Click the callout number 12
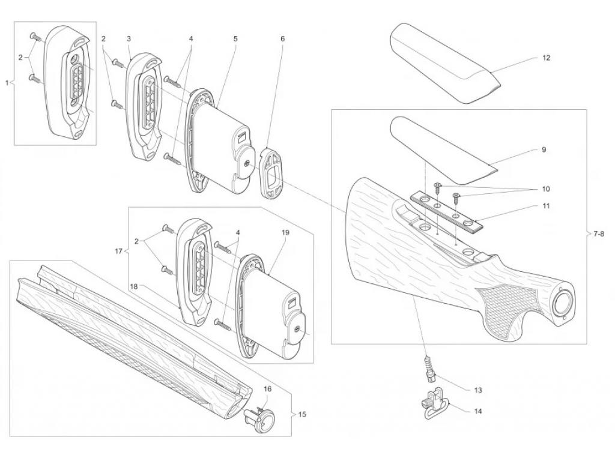547,58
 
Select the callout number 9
544,149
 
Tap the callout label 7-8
599,234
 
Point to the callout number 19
285,232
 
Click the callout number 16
267,389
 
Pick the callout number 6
282,39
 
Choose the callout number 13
477,390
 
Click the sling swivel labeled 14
434,404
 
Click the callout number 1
7,83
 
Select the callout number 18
134,287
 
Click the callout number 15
302,414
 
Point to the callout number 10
545,189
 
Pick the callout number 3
129,39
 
